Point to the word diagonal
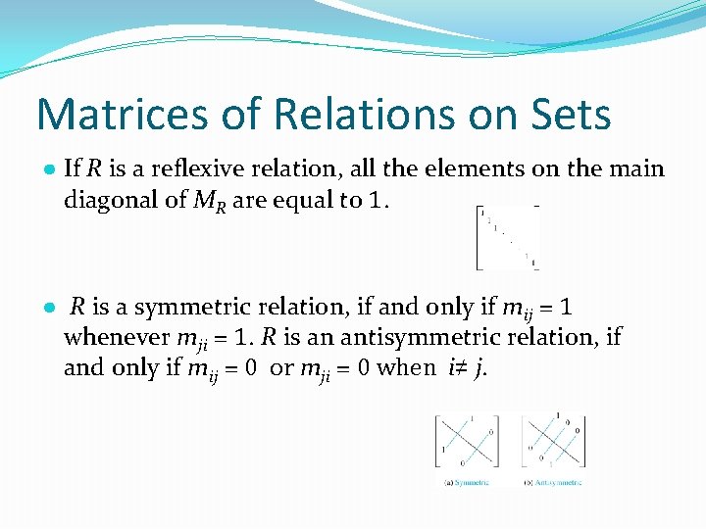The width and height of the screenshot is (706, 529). pyautogui.click(x=107, y=201)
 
